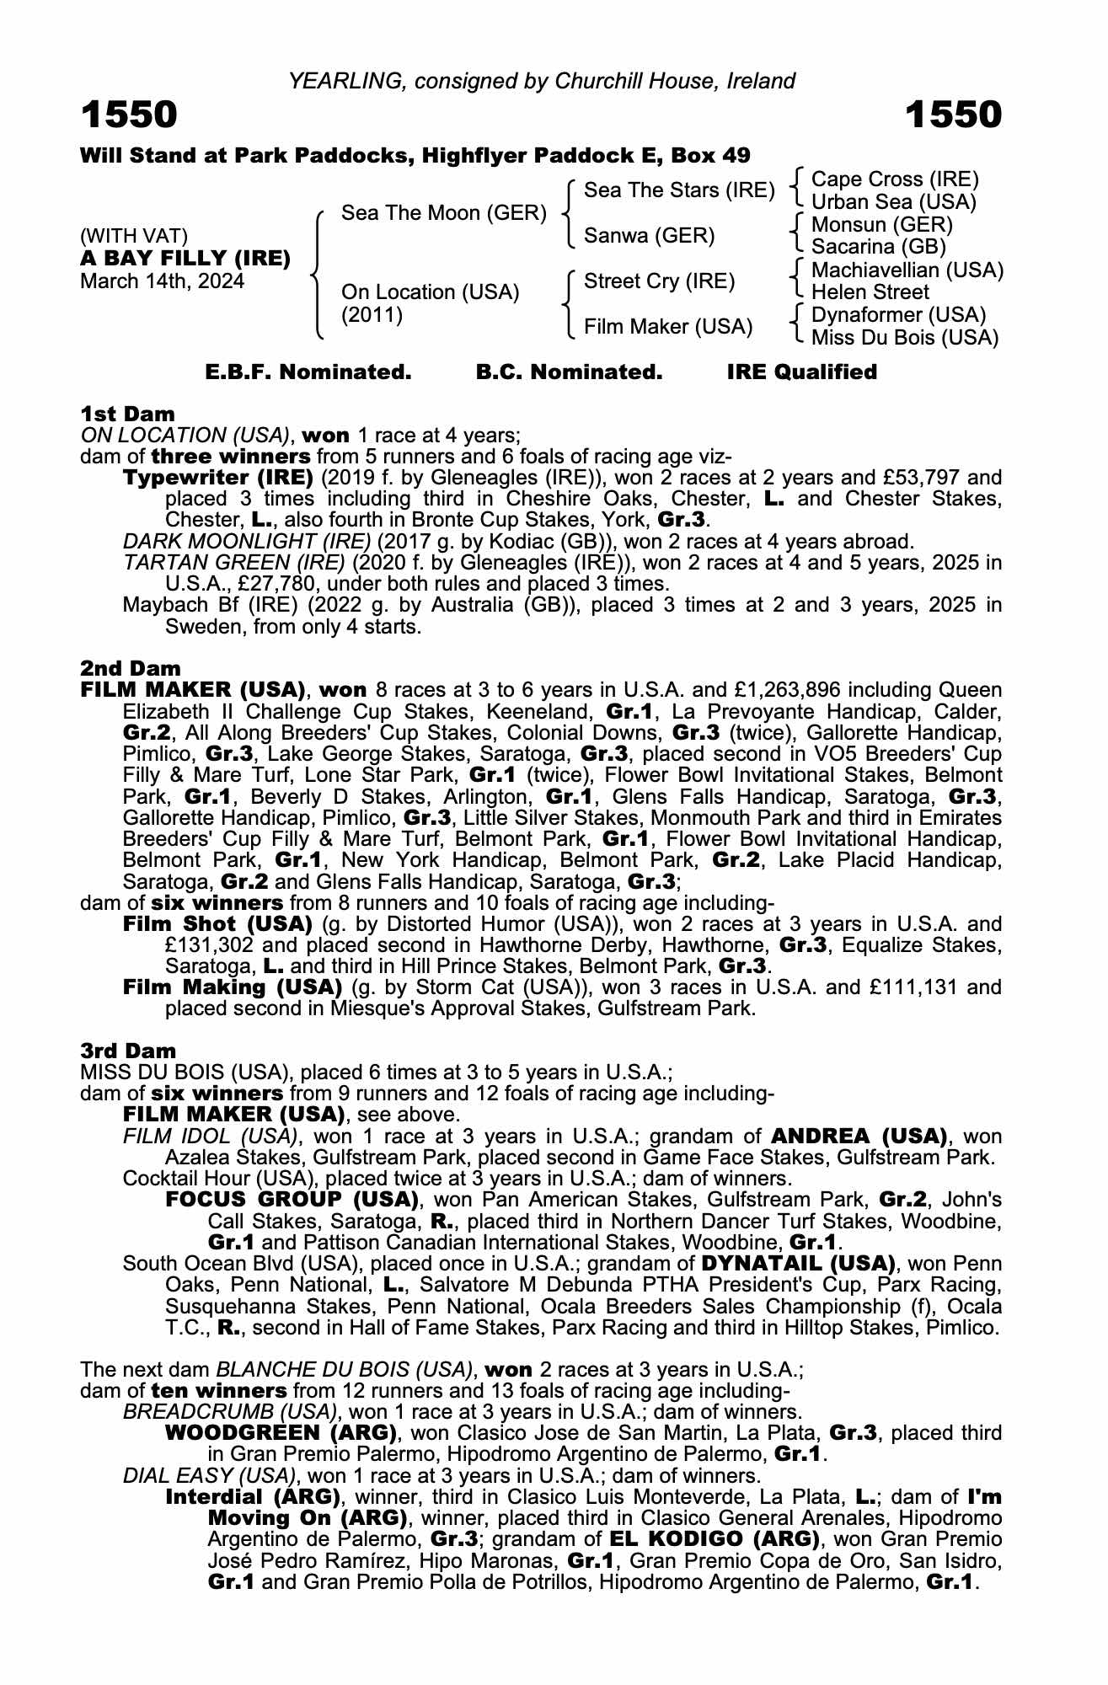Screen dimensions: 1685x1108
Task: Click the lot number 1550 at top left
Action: point(129,115)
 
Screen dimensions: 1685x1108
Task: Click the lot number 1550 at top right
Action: point(954,115)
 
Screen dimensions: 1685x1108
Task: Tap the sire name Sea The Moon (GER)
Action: point(444,213)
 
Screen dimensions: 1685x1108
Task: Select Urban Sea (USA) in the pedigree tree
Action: point(893,202)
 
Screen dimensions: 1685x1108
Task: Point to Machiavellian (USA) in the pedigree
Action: point(907,270)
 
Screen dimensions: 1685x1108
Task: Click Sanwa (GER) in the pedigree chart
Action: point(649,236)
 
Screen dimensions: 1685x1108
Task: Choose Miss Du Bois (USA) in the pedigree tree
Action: point(904,338)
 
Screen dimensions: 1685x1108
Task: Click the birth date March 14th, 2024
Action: point(162,281)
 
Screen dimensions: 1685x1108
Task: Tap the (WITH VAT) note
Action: point(133,235)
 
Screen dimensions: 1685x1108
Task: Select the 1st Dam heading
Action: point(127,414)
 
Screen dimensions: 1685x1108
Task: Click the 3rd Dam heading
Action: point(128,1051)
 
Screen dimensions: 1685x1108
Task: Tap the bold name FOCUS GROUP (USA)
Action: point(292,1199)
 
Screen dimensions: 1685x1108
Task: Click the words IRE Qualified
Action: point(801,372)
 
